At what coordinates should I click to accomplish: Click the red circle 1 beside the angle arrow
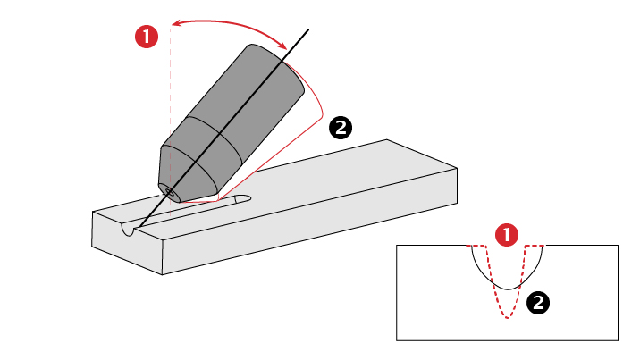pyautogui.click(x=147, y=37)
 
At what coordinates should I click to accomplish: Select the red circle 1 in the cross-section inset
pyautogui.click(x=507, y=236)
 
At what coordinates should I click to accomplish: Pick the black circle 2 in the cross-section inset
pyautogui.click(x=538, y=303)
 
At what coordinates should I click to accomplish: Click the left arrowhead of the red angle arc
pyautogui.click(x=173, y=26)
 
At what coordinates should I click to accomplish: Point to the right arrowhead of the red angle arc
pyautogui.click(x=286, y=48)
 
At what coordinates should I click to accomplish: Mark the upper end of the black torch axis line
pyautogui.click(x=309, y=30)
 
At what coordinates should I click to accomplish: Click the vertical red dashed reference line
pyautogui.click(x=170, y=107)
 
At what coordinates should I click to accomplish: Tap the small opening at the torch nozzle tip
pyautogui.click(x=167, y=190)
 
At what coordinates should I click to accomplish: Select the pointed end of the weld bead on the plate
pyautogui.click(x=248, y=198)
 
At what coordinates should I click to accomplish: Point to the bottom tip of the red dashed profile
pyautogui.click(x=508, y=318)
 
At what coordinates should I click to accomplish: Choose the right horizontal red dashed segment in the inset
pyautogui.click(x=535, y=245)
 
